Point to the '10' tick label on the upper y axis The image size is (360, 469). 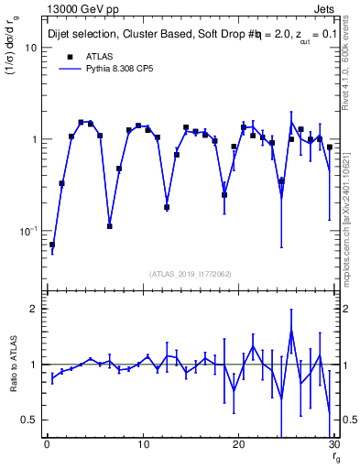pos(30,48)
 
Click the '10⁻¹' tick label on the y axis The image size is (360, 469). pos(27,231)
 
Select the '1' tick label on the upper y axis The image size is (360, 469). pos(34,139)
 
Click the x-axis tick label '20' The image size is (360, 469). pos(238,445)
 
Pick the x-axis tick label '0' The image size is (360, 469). pos(47,445)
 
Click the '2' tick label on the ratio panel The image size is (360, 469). pos(34,309)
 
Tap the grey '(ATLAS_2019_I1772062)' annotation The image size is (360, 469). pos(189,273)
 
